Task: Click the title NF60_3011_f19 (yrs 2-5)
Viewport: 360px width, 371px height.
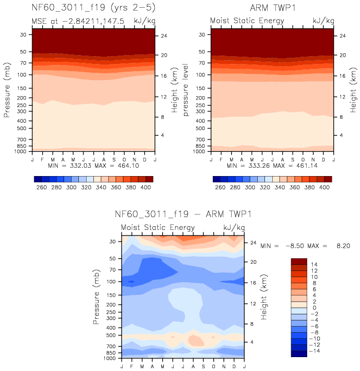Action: point(93,8)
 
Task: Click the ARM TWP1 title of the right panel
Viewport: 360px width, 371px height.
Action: point(273,8)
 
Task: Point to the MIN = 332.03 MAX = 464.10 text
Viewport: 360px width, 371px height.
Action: point(93,166)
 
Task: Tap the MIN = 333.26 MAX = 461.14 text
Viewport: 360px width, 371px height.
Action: point(272,166)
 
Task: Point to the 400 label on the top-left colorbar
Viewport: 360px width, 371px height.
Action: point(146,188)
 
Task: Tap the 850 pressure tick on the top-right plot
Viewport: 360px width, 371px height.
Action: point(202,146)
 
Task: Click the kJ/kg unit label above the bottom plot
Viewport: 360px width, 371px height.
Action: point(232,228)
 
